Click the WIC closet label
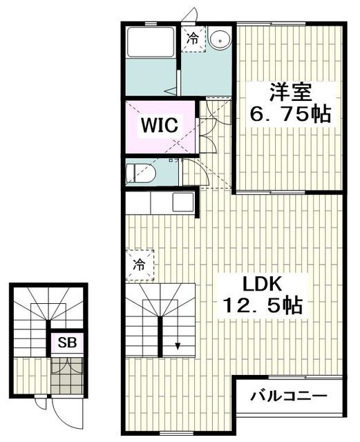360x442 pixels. click(x=161, y=126)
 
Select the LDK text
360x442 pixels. click(x=263, y=283)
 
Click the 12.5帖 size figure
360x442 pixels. click(x=263, y=306)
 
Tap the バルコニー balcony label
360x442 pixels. click(x=289, y=397)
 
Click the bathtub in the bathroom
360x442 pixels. click(x=151, y=49)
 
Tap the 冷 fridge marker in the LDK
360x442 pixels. click(x=139, y=264)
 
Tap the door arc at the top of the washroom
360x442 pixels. click(x=191, y=16)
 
